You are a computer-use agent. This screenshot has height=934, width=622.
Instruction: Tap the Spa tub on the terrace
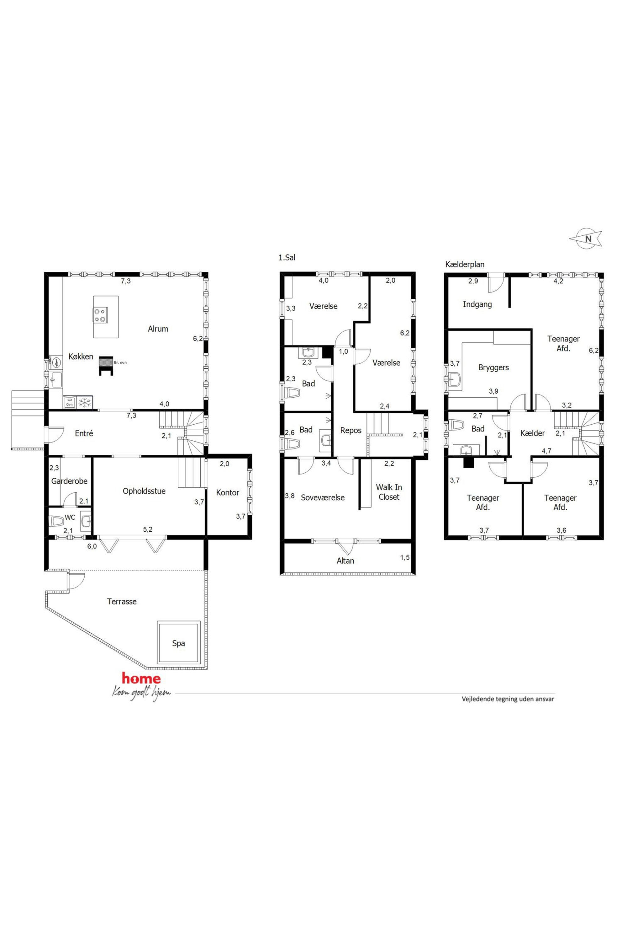pyautogui.click(x=178, y=642)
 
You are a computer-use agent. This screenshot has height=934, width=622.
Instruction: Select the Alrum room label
pyautogui.click(x=158, y=329)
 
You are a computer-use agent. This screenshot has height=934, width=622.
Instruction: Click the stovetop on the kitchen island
pyautogui.click(x=100, y=315)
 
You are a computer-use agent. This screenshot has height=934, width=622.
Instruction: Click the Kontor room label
pyautogui.click(x=227, y=493)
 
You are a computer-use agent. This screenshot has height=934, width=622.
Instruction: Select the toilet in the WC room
pyautogui.click(x=56, y=521)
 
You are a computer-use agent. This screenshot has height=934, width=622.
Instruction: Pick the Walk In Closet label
pyautogui.click(x=389, y=492)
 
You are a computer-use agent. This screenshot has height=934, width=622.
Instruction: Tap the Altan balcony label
pyautogui.click(x=345, y=561)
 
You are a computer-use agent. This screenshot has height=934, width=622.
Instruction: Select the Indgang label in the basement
pyautogui.click(x=477, y=304)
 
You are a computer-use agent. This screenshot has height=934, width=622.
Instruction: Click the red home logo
pyautogui.click(x=141, y=678)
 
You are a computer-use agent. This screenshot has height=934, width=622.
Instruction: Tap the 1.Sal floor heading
pyautogui.click(x=287, y=258)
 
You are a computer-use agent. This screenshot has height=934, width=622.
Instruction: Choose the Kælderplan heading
pyautogui.click(x=465, y=265)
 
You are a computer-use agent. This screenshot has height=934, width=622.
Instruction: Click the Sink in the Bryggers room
pyautogui.click(x=455, y=379)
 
